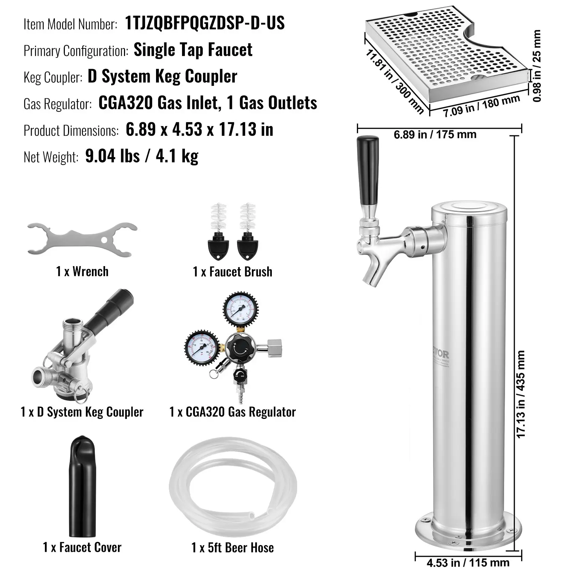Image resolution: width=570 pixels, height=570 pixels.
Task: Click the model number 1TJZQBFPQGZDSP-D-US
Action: (x=205, y=23)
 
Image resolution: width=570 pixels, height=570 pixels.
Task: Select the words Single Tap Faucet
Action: (x=193, y=50)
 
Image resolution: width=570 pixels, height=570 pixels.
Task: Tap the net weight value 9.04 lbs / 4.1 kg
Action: (x=142, y=156)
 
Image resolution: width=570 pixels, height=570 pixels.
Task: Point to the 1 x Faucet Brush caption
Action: (x=232, y=272)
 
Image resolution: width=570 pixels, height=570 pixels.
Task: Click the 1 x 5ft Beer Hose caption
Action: (x=232, y=548)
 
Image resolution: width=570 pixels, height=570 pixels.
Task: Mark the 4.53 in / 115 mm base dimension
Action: (x=468, y=563)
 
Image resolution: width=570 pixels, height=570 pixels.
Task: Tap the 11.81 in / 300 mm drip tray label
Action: (x=394, y=82)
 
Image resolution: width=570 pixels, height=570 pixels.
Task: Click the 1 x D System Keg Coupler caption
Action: (x=82, y=412)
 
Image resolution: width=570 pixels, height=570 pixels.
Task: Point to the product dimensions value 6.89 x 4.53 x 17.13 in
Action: (x=199, y=130)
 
